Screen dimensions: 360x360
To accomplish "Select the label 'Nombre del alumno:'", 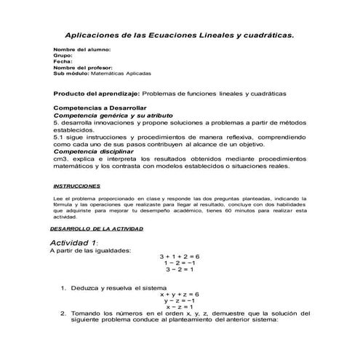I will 82,49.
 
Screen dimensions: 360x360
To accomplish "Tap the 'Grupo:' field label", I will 64,55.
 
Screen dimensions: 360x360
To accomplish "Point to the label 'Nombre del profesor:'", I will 84,68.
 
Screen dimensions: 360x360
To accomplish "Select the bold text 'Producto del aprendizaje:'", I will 97,94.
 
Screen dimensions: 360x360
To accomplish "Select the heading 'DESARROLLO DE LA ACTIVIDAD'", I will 96,228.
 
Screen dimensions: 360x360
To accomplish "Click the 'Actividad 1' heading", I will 73,242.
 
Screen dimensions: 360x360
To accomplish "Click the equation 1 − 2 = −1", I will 179,263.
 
